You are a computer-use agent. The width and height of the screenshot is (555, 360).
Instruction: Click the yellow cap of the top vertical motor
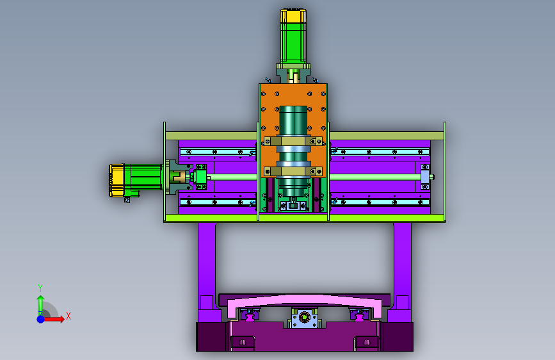(293, 16)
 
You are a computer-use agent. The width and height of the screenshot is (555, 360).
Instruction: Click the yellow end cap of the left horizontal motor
(116, 180)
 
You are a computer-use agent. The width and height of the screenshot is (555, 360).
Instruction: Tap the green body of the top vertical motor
(293, 43)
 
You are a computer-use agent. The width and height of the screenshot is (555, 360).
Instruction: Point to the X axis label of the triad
(68, 316)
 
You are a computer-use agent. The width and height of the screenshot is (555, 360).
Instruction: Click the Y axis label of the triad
(40, 288)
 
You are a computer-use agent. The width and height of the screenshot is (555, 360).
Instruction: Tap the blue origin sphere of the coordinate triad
(41, 319)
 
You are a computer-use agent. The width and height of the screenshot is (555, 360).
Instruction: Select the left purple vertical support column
(207, 262)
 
